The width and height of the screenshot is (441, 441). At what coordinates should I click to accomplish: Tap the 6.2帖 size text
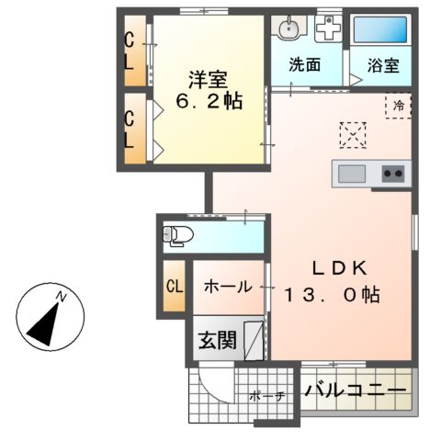209,100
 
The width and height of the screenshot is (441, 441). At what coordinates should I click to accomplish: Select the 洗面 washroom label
304,66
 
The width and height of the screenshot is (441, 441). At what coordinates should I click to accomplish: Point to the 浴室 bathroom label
383,66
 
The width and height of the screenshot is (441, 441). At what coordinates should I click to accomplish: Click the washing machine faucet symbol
327,28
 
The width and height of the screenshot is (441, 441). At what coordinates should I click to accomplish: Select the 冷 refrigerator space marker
398,106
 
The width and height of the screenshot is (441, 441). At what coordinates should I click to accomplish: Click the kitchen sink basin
353,173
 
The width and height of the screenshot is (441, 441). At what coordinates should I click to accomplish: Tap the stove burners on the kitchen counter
393,173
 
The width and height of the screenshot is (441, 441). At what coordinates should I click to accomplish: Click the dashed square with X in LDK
352,135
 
